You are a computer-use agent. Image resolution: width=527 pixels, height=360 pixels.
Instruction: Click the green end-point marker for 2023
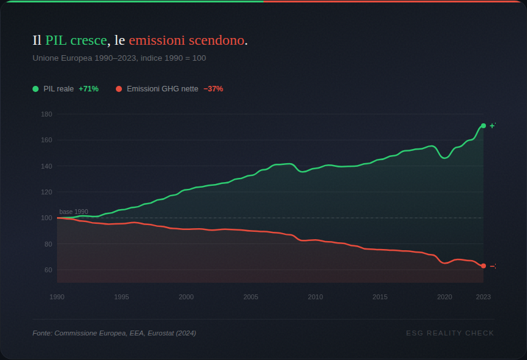coord(483,126)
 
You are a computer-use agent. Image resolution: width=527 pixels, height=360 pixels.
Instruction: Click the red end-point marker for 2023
coord(483,266)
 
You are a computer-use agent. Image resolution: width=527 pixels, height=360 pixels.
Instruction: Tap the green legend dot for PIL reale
coord(36,89)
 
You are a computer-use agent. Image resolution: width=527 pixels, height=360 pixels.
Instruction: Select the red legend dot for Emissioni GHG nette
coord(119,89)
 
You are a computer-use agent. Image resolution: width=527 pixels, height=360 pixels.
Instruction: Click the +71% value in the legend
coord(88,89)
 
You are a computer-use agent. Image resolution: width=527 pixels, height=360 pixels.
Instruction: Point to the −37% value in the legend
coord(213,89)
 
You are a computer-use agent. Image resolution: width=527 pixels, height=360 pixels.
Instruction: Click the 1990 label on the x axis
coord(57,297)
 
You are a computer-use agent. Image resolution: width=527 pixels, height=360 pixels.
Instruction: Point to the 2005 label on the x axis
coord(251,297)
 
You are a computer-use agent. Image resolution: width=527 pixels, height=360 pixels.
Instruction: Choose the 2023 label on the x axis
coord(483,297)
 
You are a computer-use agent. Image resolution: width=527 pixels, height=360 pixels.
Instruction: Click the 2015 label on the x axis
coord(380,297)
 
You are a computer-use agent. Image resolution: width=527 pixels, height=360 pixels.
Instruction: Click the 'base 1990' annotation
coord(74,212)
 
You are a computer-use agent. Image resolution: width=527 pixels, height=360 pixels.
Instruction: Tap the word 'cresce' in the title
coord(89,41)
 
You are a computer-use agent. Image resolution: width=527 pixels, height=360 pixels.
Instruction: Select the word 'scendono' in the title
coord(217,41)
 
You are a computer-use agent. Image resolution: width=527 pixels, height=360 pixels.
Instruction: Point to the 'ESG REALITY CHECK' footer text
coord(450,333)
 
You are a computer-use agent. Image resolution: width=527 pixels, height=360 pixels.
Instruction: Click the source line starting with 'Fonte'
coord(114,333)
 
